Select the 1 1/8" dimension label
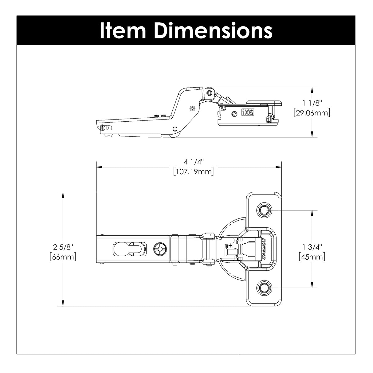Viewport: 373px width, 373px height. coord(312,104)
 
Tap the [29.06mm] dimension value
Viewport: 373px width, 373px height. coord(312,113)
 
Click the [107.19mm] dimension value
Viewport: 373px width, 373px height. coord(193,171)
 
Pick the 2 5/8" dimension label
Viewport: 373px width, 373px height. coord(63,247)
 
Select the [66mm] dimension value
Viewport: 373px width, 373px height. coord(63,257)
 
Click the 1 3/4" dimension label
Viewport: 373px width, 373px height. coord(312,247)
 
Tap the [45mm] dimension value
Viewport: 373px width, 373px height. coord(312,257)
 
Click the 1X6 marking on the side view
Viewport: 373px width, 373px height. coord(247,113)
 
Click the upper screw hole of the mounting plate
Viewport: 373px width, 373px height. coord(263,210)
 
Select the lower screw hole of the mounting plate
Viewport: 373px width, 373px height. coord(263,287)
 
